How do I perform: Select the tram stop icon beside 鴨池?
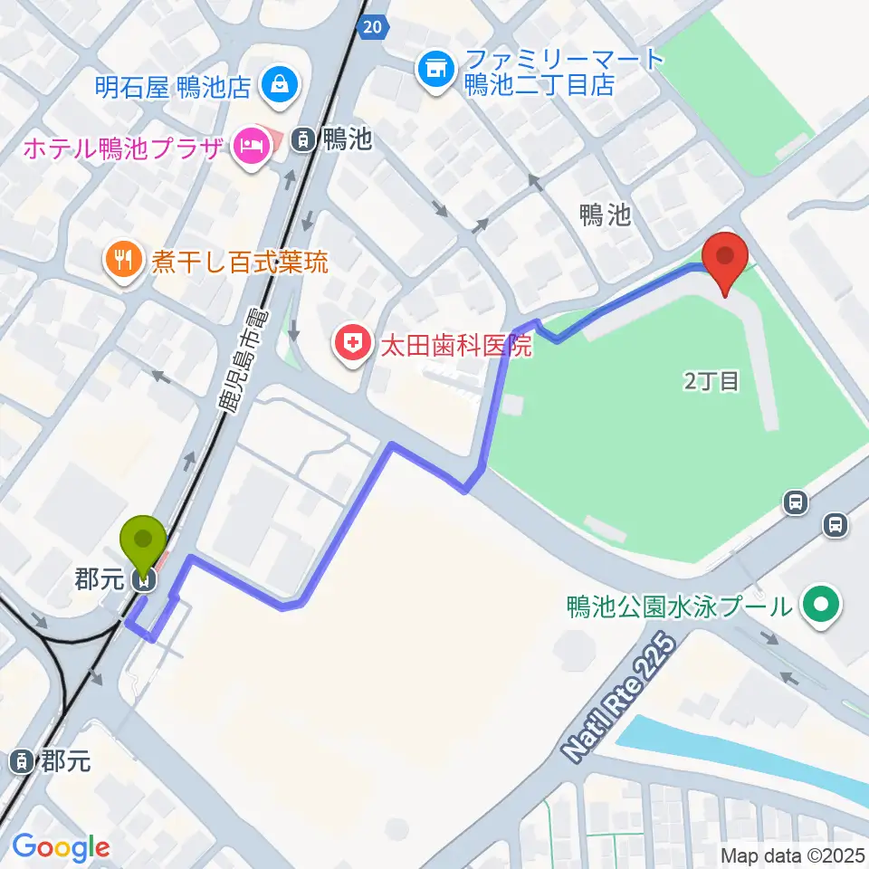(x=302, y=138)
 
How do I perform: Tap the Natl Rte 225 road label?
(x=620, y=698)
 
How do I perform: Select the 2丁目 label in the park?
(x=711, y=381)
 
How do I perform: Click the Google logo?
(x=61, y=847)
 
